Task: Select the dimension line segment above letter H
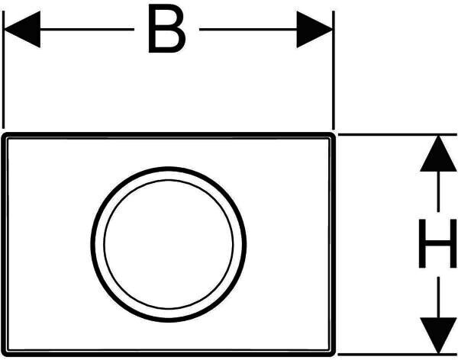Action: (437, 194)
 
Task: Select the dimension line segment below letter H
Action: (437, 294)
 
